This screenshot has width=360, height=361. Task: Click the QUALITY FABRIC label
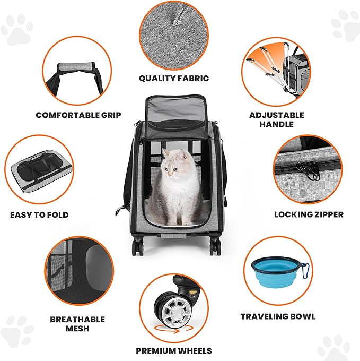tap(174, 79)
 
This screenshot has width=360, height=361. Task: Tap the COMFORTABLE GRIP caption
tap(78, 115)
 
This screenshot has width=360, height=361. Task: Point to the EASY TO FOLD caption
tap(39, 215)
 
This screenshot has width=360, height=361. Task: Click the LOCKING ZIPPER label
tap(309, 214)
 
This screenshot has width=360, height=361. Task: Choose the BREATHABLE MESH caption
tap(77, 324)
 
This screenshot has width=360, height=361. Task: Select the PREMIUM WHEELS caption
tap(174, 351)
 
